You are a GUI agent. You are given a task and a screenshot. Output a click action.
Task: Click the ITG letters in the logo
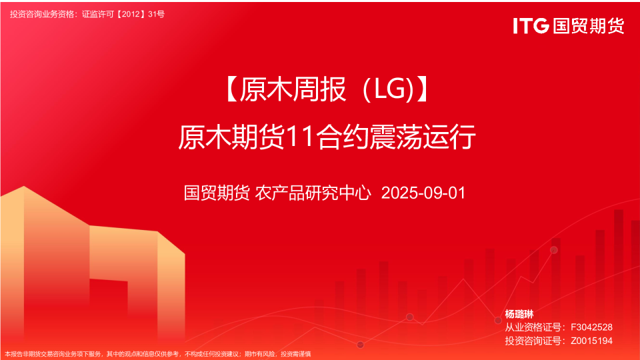pyautogui.click(x=531, y=25)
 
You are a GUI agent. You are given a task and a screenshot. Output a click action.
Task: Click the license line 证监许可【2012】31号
pyautogui.click(x=123, y=13)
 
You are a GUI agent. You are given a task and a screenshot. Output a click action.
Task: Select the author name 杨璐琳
pyautogui.click(x=519, y=314)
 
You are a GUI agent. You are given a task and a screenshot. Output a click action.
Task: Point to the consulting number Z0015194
pyautogui.click(x=591, y=341)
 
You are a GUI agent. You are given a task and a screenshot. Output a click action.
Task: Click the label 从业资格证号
pyautogui.click(x=531, y=327)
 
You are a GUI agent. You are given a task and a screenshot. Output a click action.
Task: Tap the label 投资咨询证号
pyautogui.click(x=531, y=341)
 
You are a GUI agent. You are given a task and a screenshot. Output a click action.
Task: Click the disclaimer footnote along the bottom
pyautogui.click(x=158, y=354)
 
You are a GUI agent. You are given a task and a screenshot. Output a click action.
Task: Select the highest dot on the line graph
pyautogui.click(x=553, y=250)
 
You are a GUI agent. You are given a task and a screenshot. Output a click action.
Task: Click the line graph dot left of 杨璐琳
pyautogui.click(x=497, y=320)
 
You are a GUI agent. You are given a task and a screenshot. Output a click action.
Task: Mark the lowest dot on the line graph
pyautogui.click(x=360, y=345)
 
